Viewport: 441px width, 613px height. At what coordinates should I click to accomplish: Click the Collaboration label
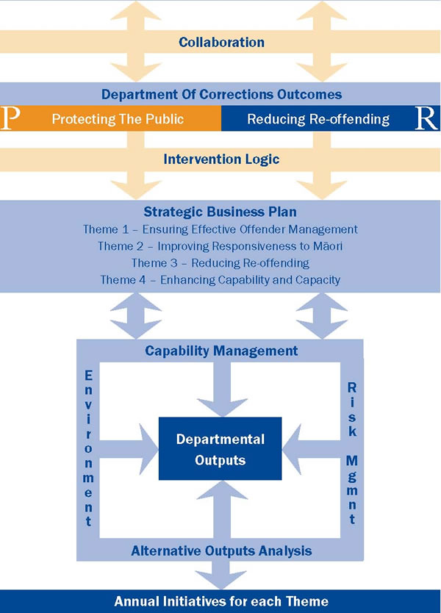pos(221,42)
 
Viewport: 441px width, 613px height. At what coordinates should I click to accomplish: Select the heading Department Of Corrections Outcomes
pos(221,94)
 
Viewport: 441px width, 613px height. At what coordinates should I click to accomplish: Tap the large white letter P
pos(10,118)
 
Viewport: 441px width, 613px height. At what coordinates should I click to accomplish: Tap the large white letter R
pos(426,118)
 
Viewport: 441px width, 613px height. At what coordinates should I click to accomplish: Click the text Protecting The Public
pos(118,119)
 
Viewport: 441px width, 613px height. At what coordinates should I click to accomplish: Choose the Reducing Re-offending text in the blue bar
pos(318,119)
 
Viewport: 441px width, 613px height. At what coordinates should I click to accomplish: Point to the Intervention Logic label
pos(221,159)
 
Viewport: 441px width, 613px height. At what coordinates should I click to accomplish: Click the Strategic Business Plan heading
pos(220,212)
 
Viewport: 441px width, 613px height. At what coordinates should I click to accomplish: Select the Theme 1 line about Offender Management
pos(220,229)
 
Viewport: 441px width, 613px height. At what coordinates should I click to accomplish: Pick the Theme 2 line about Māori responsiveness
pos(220,246)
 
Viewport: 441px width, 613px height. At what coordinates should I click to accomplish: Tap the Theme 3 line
pos(220,262)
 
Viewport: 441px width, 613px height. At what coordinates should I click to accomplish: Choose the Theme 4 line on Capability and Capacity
pos(220,280)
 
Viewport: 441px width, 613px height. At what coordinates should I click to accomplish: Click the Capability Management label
pos(221,351)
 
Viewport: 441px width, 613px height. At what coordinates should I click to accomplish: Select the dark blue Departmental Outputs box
pos(220,448)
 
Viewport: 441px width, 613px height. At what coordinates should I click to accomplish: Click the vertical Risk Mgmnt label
pos(352,454)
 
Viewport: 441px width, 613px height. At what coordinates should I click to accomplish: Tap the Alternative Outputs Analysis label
pos(221,551)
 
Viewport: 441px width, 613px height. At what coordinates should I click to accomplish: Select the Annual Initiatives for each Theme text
pos(221,601)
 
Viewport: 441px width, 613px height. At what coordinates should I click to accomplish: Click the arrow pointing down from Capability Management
pos(222,390)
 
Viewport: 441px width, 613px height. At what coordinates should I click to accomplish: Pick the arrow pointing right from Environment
pos(129,449)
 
